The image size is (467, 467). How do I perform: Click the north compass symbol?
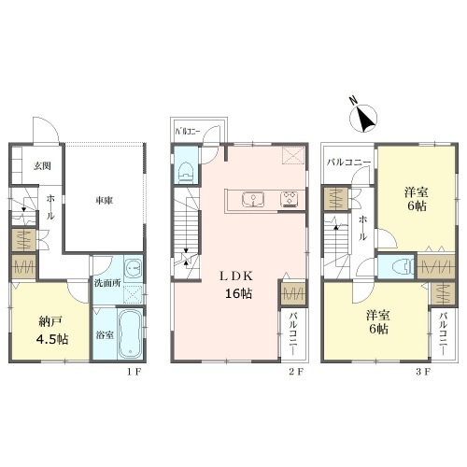pos(363,118)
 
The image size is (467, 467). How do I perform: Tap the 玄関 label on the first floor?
pos(42,166)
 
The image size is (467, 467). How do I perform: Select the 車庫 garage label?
pos(104,201)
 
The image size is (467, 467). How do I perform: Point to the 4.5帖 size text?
pos(52,339)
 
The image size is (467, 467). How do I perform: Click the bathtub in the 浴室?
pos(130,334)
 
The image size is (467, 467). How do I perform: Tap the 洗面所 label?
pos(107,283)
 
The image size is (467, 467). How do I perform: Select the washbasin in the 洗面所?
pos(134,268)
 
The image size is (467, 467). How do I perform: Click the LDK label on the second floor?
pos(235,276)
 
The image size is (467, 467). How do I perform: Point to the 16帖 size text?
pos(239,293)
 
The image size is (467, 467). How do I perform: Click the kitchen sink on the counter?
pos(253,199)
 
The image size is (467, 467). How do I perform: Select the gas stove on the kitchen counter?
pos(290,199)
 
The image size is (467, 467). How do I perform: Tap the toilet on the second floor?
pos(186,173)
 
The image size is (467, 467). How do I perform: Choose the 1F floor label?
pos(134,372)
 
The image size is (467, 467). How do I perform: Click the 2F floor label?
pos(295,372)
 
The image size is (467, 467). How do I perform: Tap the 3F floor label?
pos(423,372)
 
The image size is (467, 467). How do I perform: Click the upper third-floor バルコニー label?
pos(348,163)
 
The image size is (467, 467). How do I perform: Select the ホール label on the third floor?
pos(362,229)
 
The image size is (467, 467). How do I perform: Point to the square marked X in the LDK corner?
pos(293,155)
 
